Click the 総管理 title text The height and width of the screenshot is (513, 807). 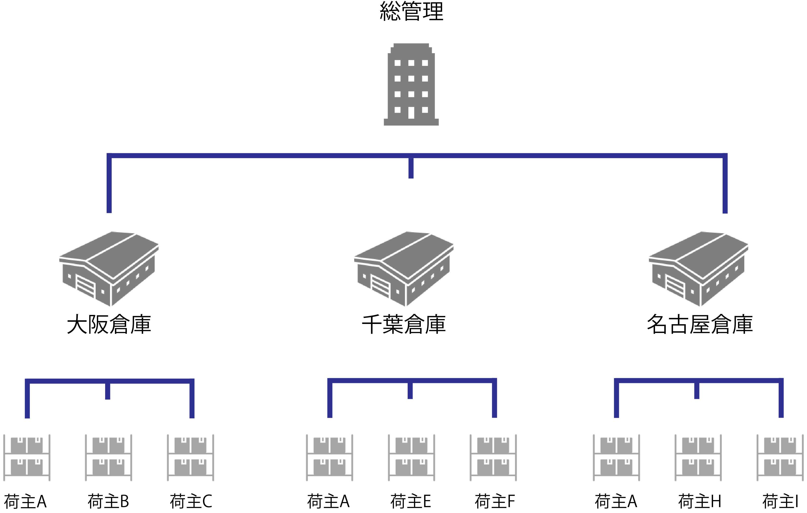[x=412, y=11]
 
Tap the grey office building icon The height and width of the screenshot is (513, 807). [x=411, y=84]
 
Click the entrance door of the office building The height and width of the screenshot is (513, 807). [x=411, y=113]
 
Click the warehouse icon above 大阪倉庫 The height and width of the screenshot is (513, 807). [x=109, y=269]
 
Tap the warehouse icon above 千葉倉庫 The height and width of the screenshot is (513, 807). [x=404, y=269]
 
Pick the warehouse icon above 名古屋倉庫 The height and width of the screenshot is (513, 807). [x=699, y=269]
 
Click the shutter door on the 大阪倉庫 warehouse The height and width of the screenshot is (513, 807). [x=86, y=286]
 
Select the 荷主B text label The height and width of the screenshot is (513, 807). [x=108, y=502]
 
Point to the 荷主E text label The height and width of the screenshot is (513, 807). [x=411, y=502]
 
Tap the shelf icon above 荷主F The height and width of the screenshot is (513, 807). [x=493, y=458]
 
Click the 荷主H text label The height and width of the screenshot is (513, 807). [x=700, y=502]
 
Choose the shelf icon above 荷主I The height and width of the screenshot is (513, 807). [x=780, y=458]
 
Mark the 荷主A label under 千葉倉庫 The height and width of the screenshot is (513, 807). [x=328, y=502]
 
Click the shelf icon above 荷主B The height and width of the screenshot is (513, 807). [x=109, y=458]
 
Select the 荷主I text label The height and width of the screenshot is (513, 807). [x=780, y=502]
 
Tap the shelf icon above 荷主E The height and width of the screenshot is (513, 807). [x=412, y=458]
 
